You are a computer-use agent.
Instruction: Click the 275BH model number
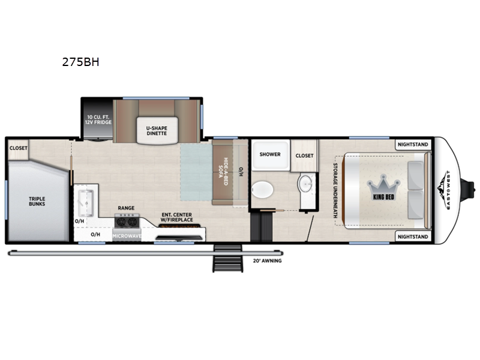(x=80, y=62)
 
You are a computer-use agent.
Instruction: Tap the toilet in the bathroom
(x=262, y=190)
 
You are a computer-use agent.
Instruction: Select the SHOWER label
(x=270, y=154)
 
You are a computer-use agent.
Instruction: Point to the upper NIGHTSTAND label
(x=413, y=145)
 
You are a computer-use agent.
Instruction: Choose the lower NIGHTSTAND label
(x=413, y=237)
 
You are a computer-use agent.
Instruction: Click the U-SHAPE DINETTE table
(x=157, y=130)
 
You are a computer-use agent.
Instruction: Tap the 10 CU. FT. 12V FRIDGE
(x=98, y=119)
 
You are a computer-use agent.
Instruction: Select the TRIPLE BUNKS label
(x=37, y=202)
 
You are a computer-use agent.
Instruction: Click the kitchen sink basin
(x=86, y=203)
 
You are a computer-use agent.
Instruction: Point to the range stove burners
(x=127, y=221)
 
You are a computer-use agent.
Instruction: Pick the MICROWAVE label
(x=127, y=236)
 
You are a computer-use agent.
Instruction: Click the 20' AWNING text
(x=267, y=261)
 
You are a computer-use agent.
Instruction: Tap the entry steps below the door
(x=228, y=259)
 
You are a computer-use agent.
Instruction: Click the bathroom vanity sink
(x=305, y=184)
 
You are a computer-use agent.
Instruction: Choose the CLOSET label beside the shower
(x=305, y=156)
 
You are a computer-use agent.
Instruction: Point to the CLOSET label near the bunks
(x=19, y=148)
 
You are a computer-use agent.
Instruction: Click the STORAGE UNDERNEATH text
(x=335, y=190)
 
